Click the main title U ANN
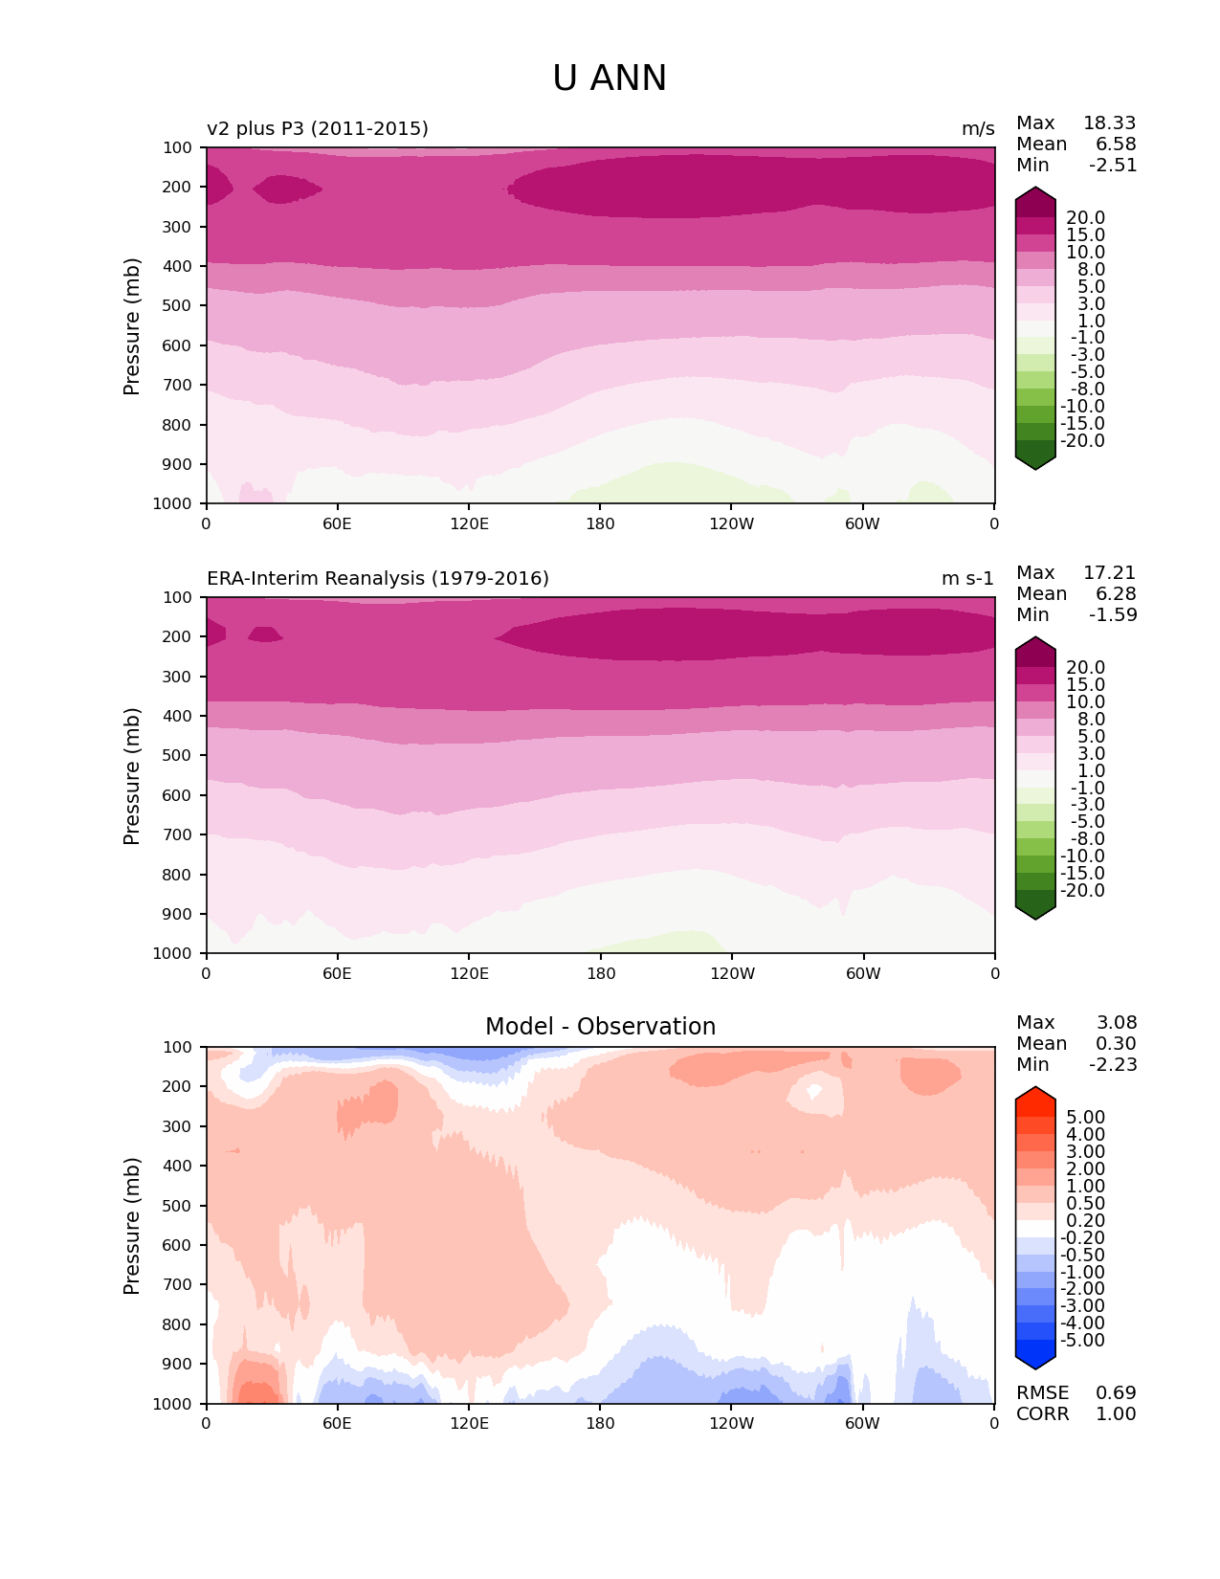click(610, 78)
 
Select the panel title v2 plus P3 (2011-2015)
click(318, 129)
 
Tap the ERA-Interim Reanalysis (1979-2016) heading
click(378, 579)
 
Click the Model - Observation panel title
click(600, 1027)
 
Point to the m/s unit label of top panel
click(978, 129)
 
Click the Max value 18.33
click(1109, 123)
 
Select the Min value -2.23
click(1113, 1065)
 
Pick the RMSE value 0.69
click(1116, 1393)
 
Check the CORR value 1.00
click(1116, 1414)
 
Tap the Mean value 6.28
click(1116, 594)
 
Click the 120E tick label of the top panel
click(469, 524)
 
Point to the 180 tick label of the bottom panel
click(600, 1424)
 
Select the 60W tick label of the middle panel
click(863, 974)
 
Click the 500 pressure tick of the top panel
click(179, 306)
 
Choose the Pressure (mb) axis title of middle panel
click(132, 776)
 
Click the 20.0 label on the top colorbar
click(1085, 218)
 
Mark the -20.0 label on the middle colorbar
click(1082, 891)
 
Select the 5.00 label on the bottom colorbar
click(1085, 1118)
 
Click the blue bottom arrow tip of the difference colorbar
click(1035, 1365)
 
